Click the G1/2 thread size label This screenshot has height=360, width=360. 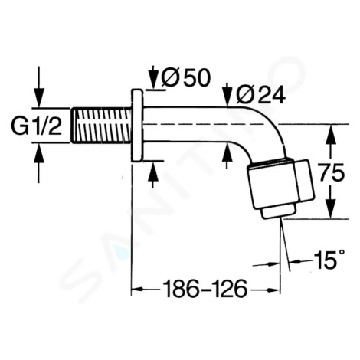pyautogui.click(x=36, y=126)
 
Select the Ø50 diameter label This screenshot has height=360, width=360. pyautogui.click(x=186, y=77)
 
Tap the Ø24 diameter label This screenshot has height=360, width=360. pyautogui.click(x=260, y=95)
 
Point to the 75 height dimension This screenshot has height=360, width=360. pyautogui.click(x=332, y=173)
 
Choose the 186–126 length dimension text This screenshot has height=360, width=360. pyautogui.click(x=205, y=289)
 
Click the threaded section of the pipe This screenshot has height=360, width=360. pyautogui.click(x=101, y=126)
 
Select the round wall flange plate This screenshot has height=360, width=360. pyautogui.click(x=137, y=125)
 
